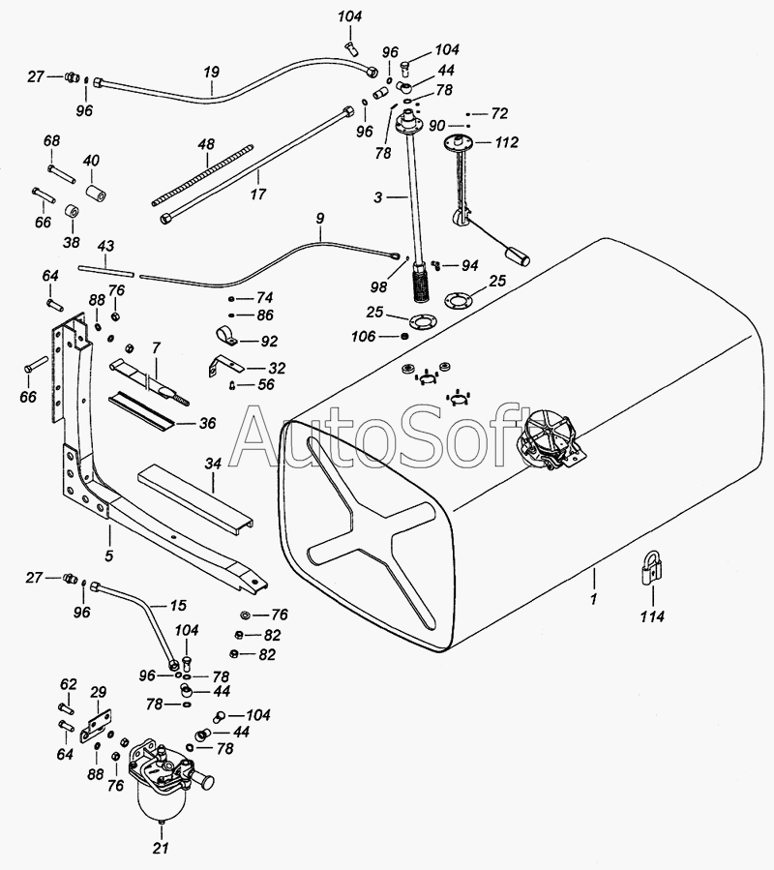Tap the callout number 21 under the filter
click(x=161, y=850)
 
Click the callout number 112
click(x=506, y=141)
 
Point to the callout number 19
click(x=212, y=72)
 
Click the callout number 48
click(x=206, y=144)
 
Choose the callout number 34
click(x=213, y=465)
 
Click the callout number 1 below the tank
click(x=595, y=600)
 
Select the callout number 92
click(x=269, y=341)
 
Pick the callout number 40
click(x=91, y=161)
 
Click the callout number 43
click(x=106, y=247)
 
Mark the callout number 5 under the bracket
click(x=109, y=555)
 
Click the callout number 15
click(x=178, y=606)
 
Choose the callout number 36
click(x=207, y=423)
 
